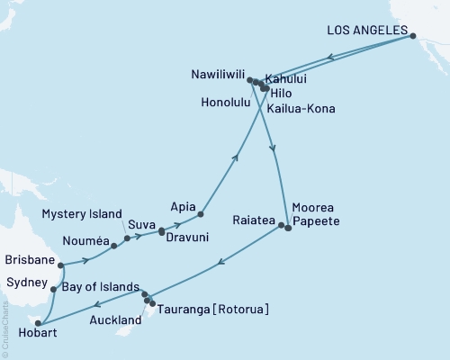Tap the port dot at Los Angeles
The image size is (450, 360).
[413, 37]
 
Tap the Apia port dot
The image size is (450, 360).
[200, 214]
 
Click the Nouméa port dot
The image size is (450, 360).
[114, 245]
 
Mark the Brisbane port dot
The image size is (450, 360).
[60, 265]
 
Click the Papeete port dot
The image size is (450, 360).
[288, 229]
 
